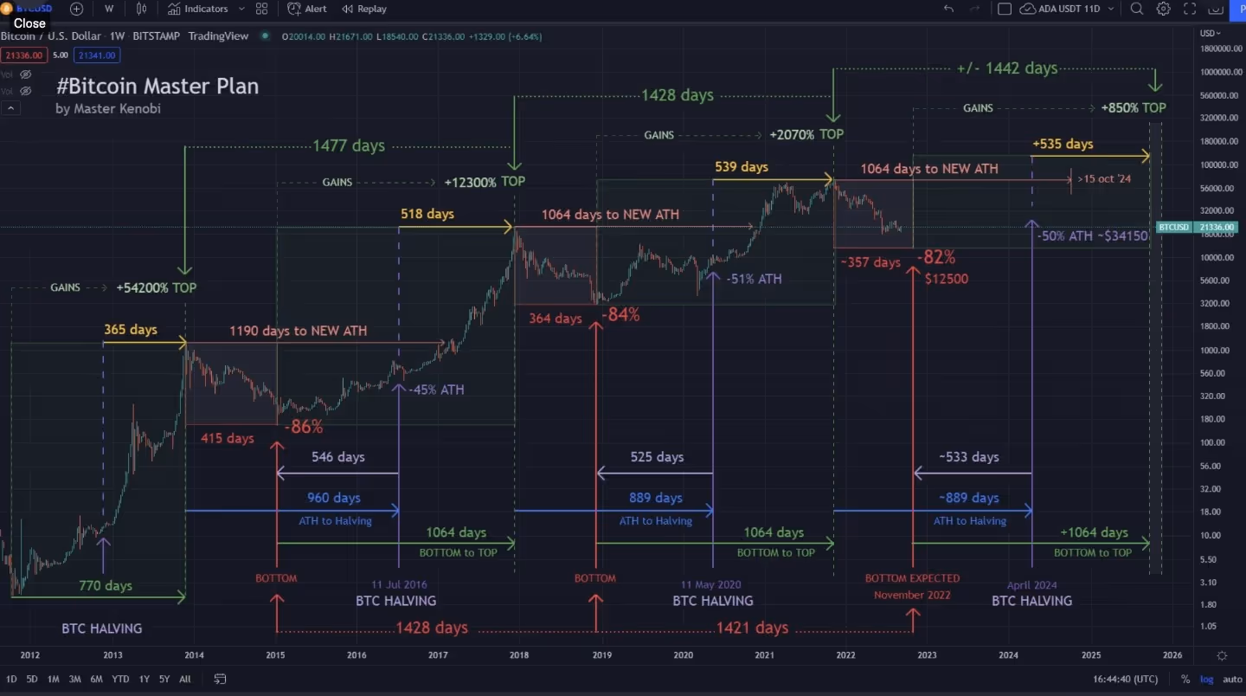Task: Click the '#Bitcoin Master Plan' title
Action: click(x=157, y=87)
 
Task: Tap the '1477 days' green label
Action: click(x=349, y=145)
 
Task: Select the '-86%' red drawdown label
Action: click(x=306, y=427)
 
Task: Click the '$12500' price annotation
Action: click(x=946, y=279)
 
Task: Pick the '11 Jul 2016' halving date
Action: click(x=399, y=584)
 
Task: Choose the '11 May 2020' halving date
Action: click(x=711, y=584)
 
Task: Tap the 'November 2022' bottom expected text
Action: click(x=912, y=595)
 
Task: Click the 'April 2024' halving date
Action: click(x=1031, y=585)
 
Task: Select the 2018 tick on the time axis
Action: click(x=519, y=655)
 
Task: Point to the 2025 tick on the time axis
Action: click(x=1091, y=655)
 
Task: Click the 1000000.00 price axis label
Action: click(x=1222, y=72)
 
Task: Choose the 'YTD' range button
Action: click(x=121, y=680)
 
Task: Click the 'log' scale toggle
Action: click(x=1207, y=680)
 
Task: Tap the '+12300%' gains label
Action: click(x=470, y=183)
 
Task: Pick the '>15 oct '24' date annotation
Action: click(x=1104, y=179)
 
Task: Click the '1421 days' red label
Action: click(x=752, y=628)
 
